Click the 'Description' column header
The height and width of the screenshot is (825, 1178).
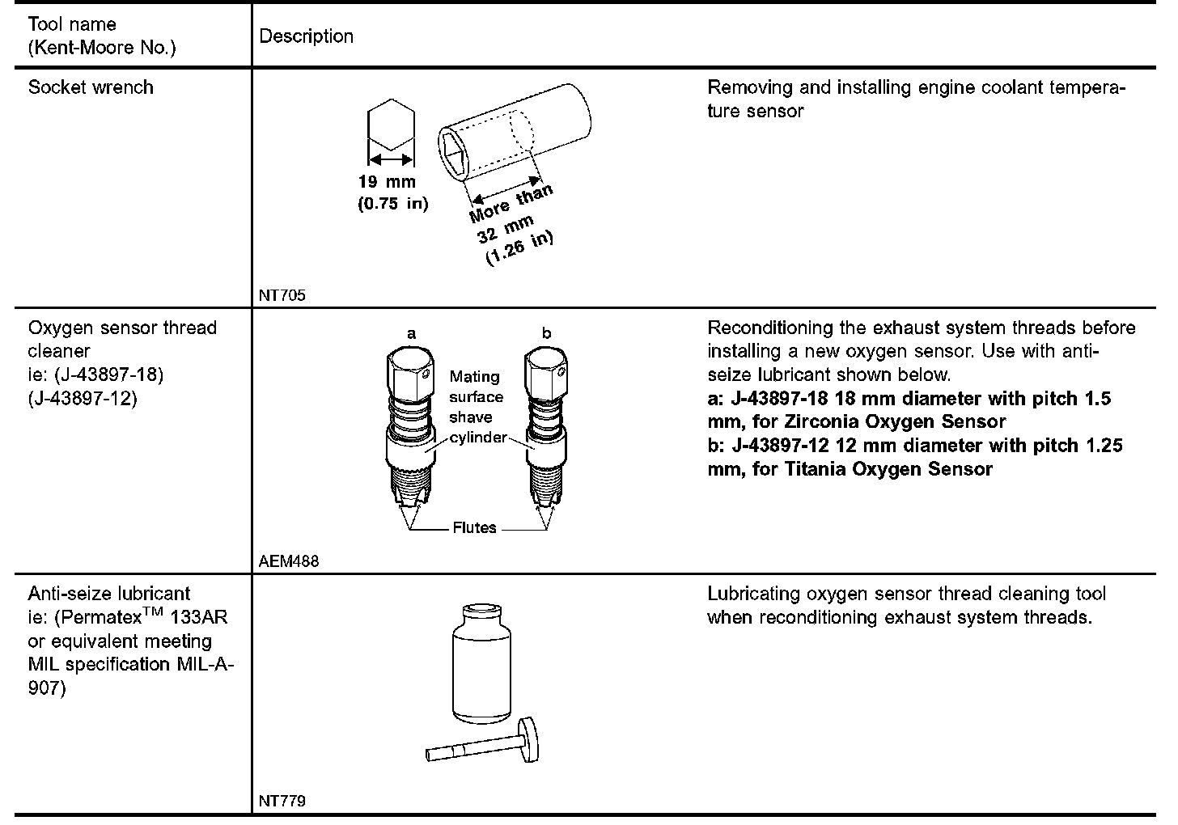[x=306, y=36]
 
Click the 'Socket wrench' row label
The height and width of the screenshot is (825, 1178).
[x=91, y=87]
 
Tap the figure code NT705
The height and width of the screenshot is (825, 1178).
[x=282, y=295]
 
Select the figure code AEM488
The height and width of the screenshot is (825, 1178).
[x=289, y=561]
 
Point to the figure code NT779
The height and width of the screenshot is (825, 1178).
[x=282, y=802]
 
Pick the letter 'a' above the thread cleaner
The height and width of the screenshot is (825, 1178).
[x=411, y=333]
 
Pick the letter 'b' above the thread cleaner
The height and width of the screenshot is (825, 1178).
[x=546, y=333]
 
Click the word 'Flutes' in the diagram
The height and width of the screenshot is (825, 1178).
[x=474, y=528]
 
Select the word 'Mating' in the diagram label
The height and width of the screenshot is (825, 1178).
[x=474, y=377]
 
